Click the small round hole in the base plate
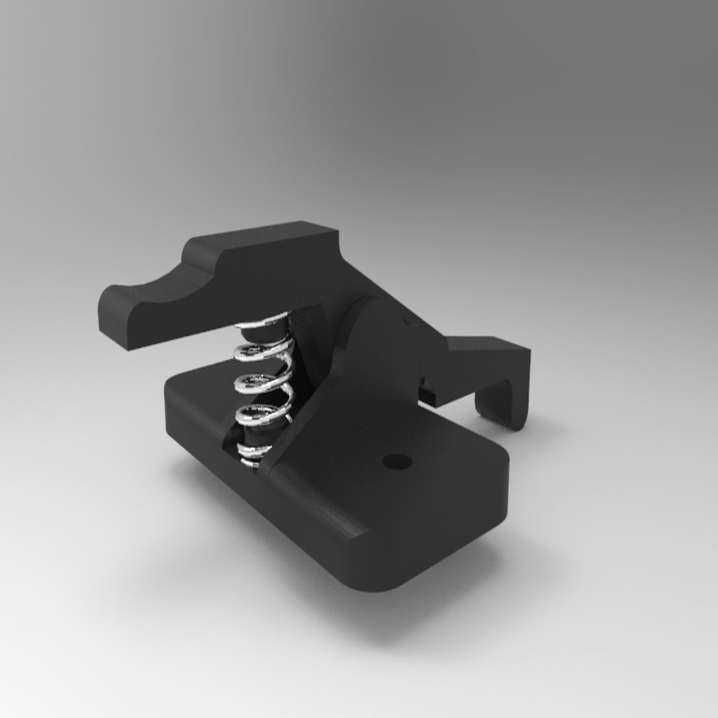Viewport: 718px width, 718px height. (398, 461)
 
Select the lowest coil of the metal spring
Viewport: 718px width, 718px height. (254, 452)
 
